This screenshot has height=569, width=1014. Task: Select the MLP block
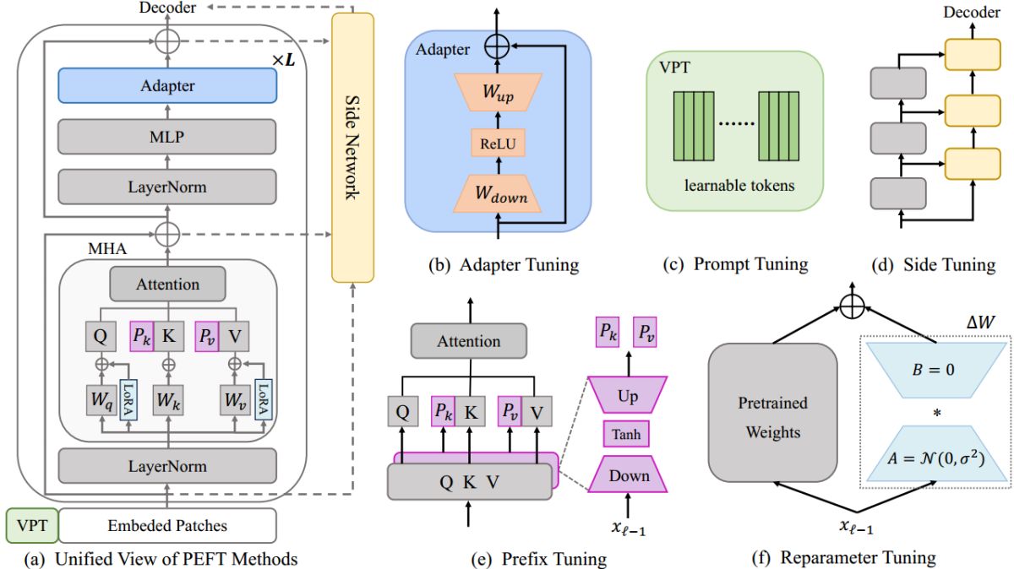point(167,136)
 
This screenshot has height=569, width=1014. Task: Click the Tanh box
point(627,435)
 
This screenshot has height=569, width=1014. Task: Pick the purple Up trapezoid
point(627,393)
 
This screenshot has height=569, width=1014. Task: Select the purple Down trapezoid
point(627,475)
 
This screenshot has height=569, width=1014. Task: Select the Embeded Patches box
point(166,525)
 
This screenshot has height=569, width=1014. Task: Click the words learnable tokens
point(733,185)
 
